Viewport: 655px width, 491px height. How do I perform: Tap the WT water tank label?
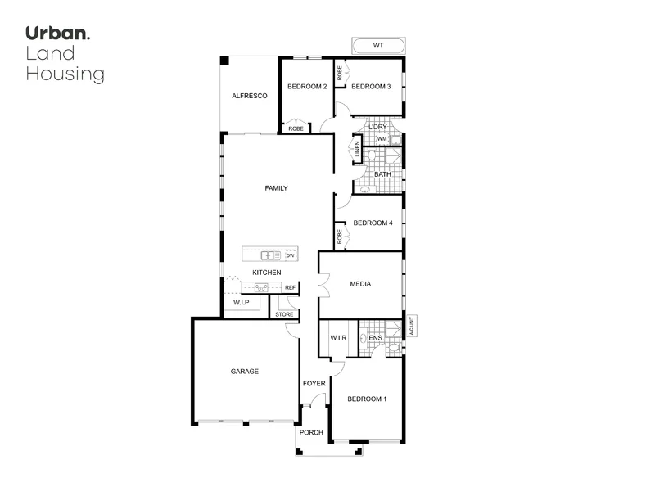[x=377, y=45]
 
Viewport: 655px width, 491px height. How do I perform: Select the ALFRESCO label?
[x=250, y=96]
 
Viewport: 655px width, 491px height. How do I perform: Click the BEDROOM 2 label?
[x=307, y=87]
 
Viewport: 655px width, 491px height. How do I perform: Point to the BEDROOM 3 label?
[x=372, y=87]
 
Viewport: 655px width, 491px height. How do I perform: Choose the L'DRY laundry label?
[x=377, y=127]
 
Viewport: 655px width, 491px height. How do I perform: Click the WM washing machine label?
[x=382, y=139]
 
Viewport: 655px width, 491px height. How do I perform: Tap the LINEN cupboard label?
[x=357, y=149]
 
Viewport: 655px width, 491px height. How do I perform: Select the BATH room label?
[x=382, y=174]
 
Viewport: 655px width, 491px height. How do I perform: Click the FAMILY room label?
[x=276, y=188]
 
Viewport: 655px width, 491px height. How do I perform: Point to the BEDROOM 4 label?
[x=373, y=223]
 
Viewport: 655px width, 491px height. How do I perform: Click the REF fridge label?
[x=289, y=288]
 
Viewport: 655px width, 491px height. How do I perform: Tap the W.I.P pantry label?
[x=241, y=303]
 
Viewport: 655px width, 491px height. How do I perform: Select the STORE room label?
[x=284, y=314]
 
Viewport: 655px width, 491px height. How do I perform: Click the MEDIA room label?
[x=360, y=284]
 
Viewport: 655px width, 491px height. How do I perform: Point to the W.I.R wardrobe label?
[x=339, y=337]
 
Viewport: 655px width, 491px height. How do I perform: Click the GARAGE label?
[x=244, y=371]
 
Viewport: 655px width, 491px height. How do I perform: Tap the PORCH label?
[x=311, y=432]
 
